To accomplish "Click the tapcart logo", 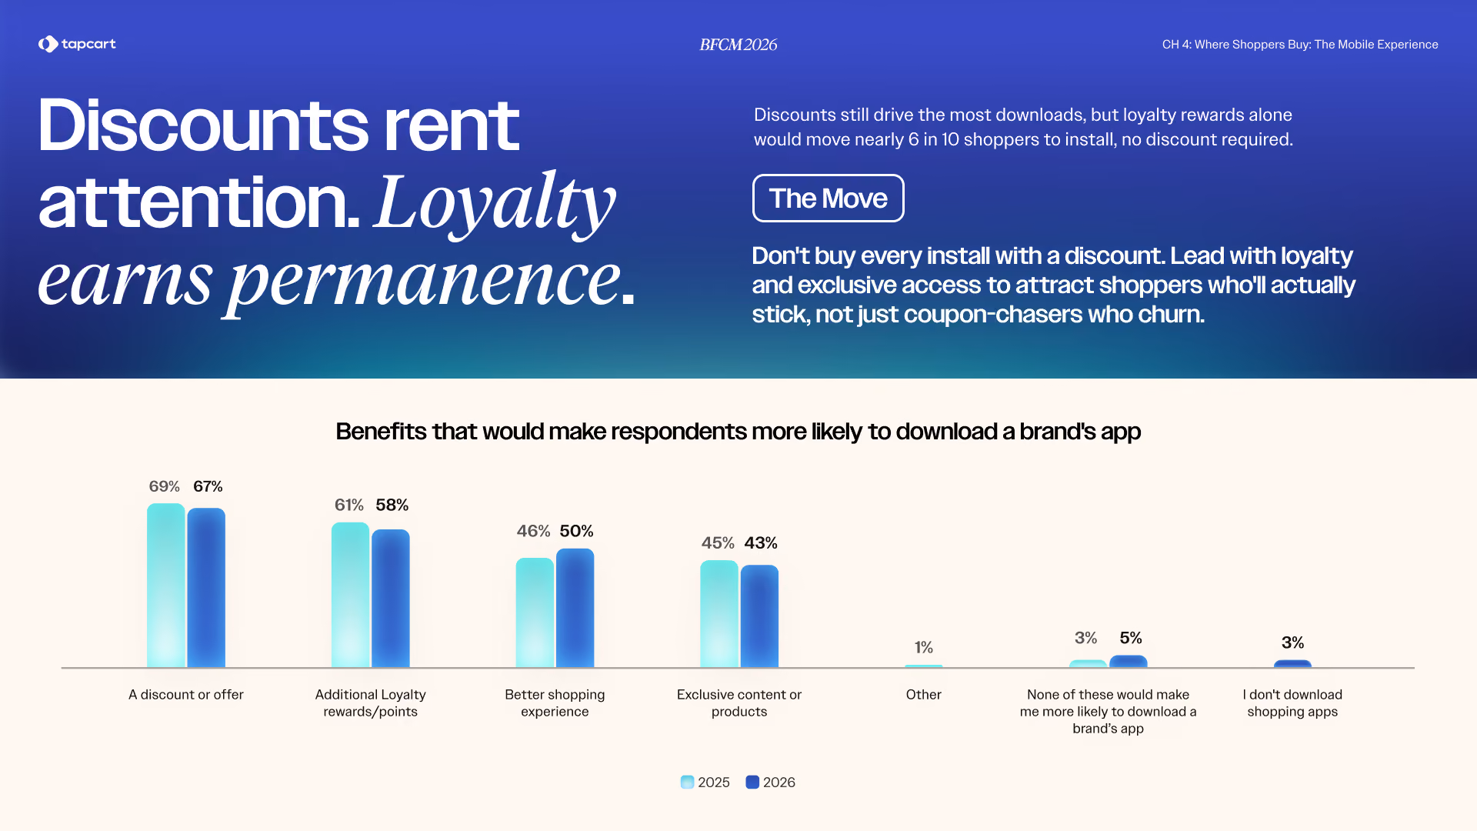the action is [77, 44].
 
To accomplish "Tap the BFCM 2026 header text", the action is [738, 45].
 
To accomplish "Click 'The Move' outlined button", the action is [828, 199].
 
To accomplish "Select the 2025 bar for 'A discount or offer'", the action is [166, 586].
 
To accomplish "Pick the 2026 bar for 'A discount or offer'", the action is [206, 588].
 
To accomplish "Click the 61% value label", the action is [349, 505].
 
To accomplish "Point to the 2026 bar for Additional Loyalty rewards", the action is [391, 599].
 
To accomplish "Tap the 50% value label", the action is [577, 531].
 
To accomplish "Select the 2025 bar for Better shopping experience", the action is [535, 612].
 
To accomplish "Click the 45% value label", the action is [718, 543].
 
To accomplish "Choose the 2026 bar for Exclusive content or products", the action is [759, 616].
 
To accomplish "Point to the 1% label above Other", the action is [924, 647].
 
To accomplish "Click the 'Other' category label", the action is [924, 695].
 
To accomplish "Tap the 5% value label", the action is [1131, 638].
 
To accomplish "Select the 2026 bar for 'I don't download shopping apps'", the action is [1292, 663].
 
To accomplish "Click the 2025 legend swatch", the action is [688, 783].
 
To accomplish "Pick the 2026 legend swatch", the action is [752, 783].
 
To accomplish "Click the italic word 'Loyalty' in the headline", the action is [495, 203].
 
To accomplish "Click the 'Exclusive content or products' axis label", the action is [739, 703].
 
